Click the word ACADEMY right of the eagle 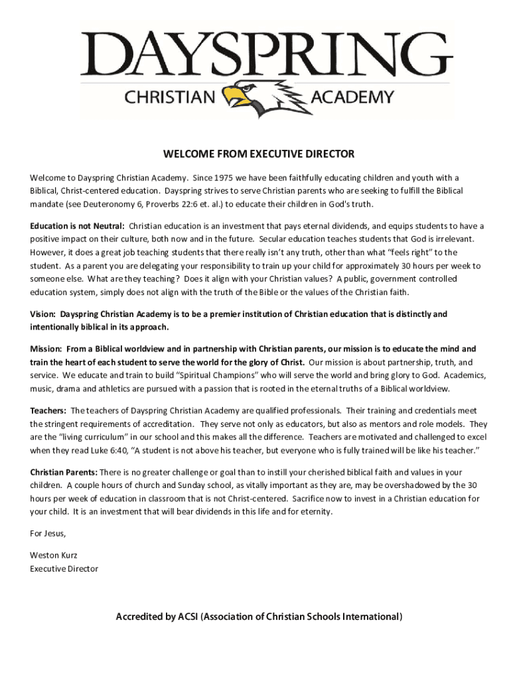tap(352, 98)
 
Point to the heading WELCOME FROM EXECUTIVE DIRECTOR tap(259, 154)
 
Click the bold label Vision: tap(43, 314)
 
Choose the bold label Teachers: tap(48, 410)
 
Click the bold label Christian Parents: tap(64, 472)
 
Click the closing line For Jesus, tap(48, 533)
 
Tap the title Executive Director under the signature tap(64, 569)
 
